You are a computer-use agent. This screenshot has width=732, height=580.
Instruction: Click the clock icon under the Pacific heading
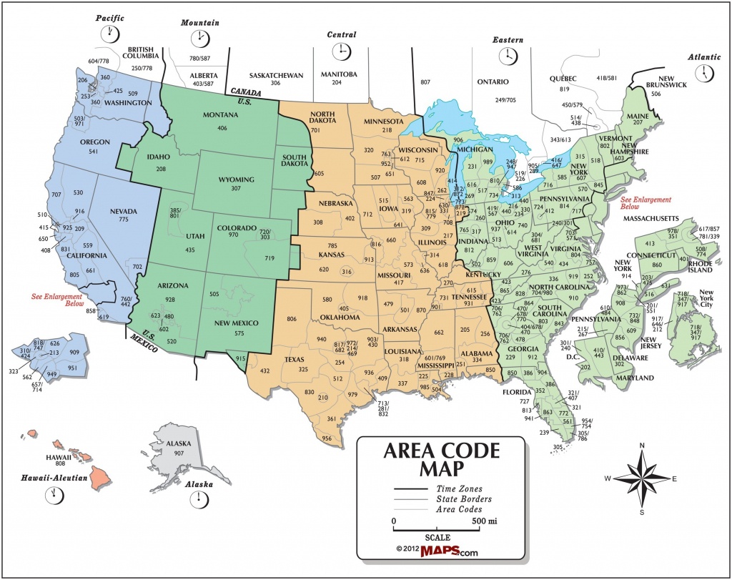(110, 32)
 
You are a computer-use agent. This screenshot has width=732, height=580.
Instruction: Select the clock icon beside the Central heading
(341, 51)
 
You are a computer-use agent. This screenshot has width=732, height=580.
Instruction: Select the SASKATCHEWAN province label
(276, 75)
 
